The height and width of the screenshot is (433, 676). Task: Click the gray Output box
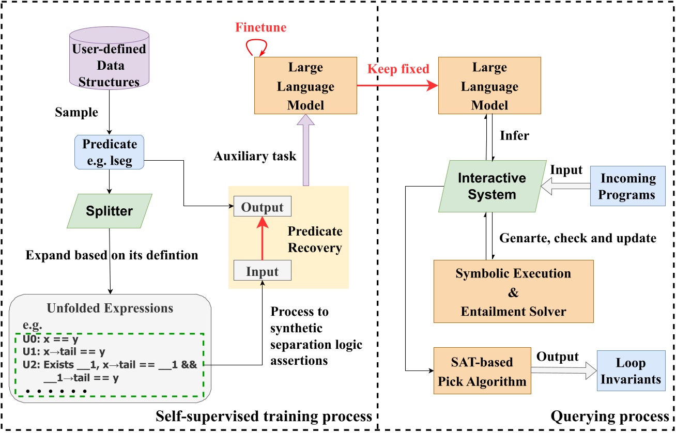(263, 207)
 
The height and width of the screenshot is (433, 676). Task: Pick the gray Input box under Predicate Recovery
(263, 271)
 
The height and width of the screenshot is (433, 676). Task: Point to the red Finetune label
(262, 27)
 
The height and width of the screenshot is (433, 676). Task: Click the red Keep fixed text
(398, 69)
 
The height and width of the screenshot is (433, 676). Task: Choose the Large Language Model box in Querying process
(489, 86)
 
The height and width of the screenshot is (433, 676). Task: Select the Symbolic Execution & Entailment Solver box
(513, 292)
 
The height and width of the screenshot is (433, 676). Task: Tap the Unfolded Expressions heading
(110, 308)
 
